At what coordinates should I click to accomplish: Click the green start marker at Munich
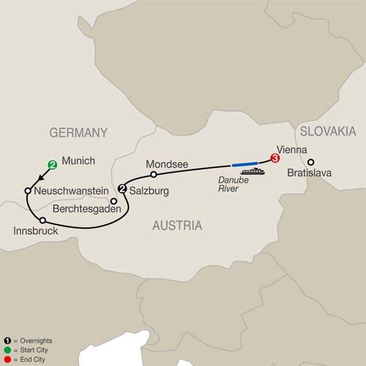click(53, 164)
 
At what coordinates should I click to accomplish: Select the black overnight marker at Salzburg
click(122, 188)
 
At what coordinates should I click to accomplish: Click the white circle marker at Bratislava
click(310, 162)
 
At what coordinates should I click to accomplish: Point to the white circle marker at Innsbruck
click(42, 220)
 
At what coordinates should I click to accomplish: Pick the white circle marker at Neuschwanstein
click(27, 191)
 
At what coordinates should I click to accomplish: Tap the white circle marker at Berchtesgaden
click(113, 200)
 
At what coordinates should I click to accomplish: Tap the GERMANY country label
click(78, 132)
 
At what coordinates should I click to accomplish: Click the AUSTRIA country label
click(177, 226)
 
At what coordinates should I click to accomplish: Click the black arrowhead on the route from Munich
click(40, 178)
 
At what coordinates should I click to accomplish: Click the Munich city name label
click(79, 162)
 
